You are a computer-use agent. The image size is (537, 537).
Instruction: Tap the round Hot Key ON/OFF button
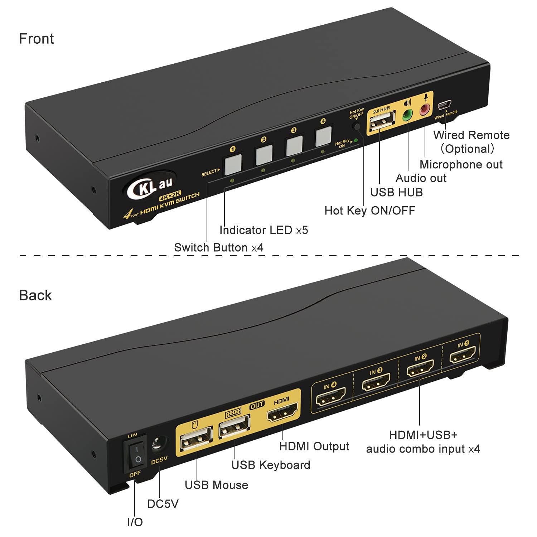coord(357,127)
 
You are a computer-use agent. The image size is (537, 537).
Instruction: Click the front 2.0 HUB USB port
coord(382,123)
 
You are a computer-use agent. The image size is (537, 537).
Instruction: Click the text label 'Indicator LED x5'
coord(263,230)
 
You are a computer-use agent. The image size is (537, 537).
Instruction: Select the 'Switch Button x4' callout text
coord(219,248)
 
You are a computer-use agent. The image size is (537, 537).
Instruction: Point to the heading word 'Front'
coord(37,39)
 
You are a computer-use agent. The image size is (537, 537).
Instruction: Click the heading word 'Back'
coord(35,295)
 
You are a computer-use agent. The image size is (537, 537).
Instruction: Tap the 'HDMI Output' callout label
coord(314,446)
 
